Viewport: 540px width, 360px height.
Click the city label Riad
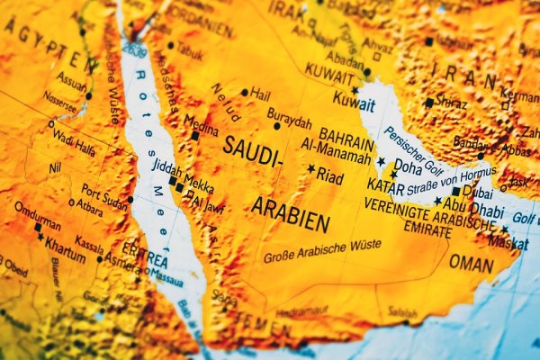tap(330, 177)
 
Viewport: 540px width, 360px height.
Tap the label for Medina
tap(201, 123)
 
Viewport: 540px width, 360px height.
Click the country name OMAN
tap(471, 263)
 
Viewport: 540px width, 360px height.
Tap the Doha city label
tap(408, 166)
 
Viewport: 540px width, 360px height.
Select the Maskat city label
tap(508, 241)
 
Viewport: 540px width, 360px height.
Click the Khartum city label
tap(65, 244)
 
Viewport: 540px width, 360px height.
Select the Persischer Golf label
tap(415, 146)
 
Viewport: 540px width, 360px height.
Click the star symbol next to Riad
tap(311, 168)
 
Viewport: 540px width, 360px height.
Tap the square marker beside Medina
tap(195, 136)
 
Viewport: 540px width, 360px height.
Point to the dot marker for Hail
tap(244, 92)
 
